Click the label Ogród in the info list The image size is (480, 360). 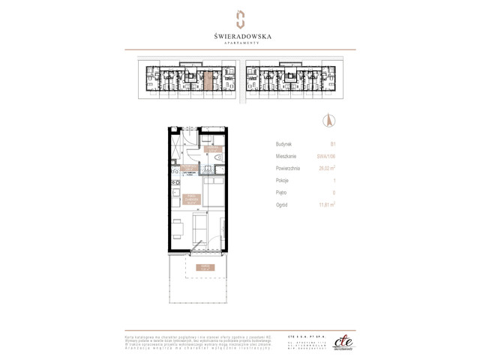pyautogui.click(x=283, y=205)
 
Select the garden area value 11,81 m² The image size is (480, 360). pyautogui.click(x=325, y=205)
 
